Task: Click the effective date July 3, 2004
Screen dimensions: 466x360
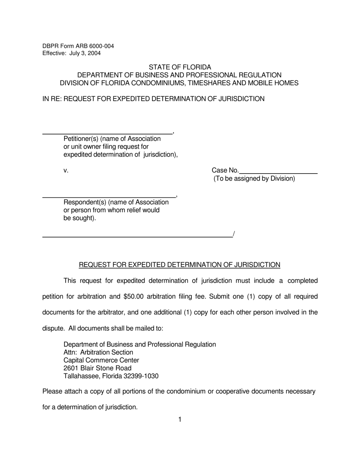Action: coord(85,53)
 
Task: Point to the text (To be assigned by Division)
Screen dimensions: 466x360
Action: coord(254,178)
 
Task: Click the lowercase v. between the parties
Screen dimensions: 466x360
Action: coord(66,170)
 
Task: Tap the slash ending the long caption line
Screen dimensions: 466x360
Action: coord(234,234)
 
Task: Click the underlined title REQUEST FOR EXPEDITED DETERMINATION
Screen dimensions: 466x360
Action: coord(179,265)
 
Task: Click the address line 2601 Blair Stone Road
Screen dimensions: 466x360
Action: coord(97,368)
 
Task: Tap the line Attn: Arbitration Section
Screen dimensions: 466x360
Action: coord(98,352)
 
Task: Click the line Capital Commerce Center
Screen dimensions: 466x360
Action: coord(101,360)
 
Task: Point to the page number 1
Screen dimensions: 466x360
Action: coord(180,419)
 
